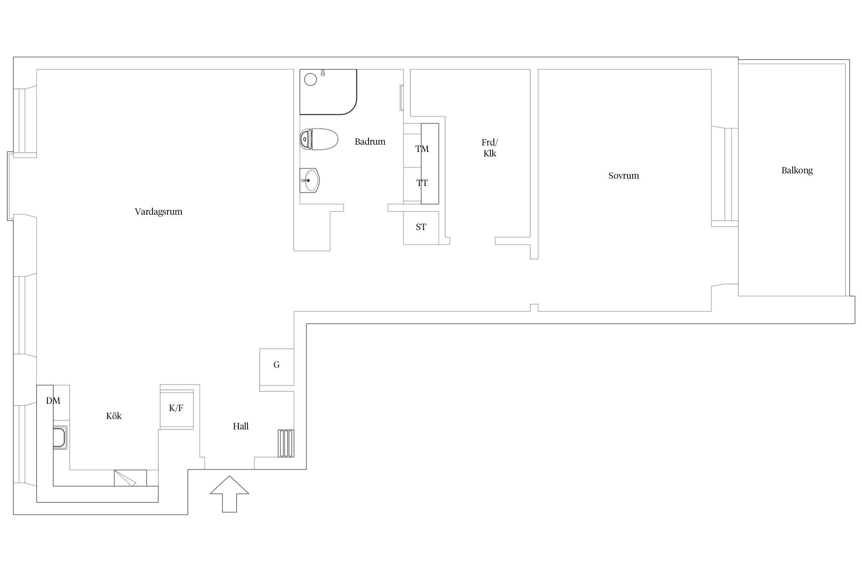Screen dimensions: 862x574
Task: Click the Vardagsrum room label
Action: pyautogui.click(x=159, y=212)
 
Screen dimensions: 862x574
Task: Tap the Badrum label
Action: pyautogui.click(x=370, y=142)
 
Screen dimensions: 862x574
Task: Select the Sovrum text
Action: pyautogui.click(x=624, y=176)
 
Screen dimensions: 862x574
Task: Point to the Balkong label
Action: pyautogui.click(x=797, y=170)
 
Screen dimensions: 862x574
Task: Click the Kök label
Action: pyautogui.click(x=114, y=416)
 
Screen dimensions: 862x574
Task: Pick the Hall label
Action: pyautogui.click(x=241, y=426)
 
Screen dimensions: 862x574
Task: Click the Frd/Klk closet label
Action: pyautogui.click(x=490, y=148)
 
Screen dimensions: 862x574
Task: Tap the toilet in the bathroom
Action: pyautogui.click(x=319, y=139)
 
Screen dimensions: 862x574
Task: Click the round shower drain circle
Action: pyautogui.click(x=310, y=80)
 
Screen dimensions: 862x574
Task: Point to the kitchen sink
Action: pyautogui.click(x=60, y=437)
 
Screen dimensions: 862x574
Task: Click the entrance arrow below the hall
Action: pyautogui.click(x=229, y=494)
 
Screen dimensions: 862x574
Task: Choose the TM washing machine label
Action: pyautogui.click(x=422, y=149)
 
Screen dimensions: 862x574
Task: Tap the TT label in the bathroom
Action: pyautogui.click(x=422, y=183)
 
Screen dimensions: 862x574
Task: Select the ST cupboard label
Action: pyautogui.click(x=421, y=227)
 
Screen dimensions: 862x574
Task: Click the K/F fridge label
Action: pyautogui.click(x=176, y=408)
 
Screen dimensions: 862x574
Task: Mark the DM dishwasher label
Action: pyautogui.click(x=53, y=401)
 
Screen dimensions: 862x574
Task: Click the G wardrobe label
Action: pyautogui.click(x=276, y=365)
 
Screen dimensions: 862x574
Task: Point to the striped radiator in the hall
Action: pyautogui.click(x=286, y=443)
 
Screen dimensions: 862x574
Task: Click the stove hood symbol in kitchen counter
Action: pyautogui.click(x=130, y=478)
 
